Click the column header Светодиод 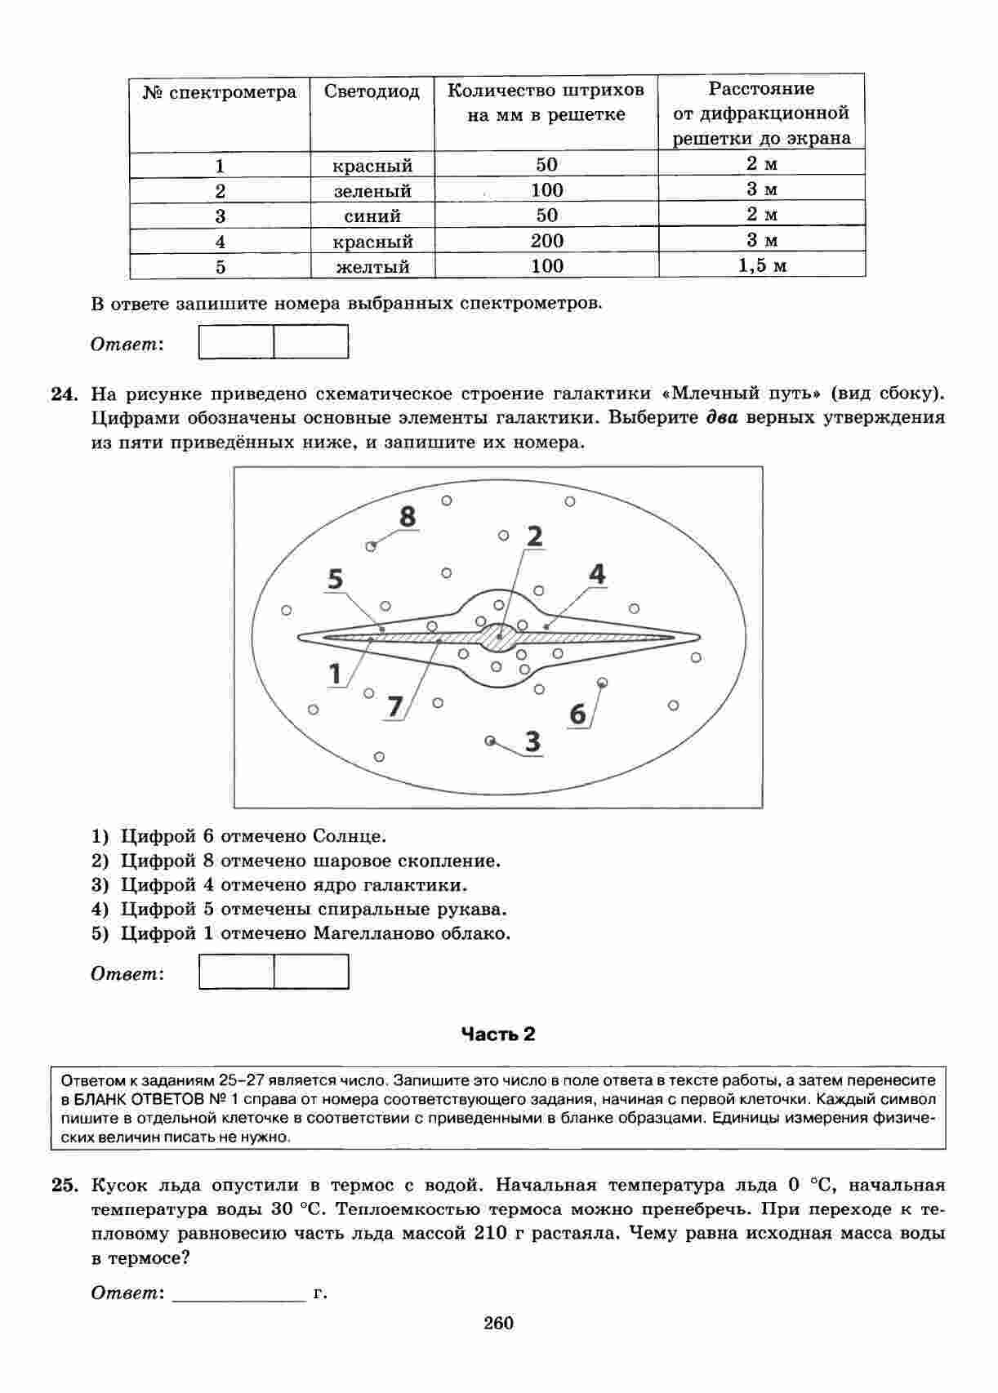[372, 91]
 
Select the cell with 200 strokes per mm [546, 241]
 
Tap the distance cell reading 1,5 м [761, 265]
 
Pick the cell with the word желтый [372, 267]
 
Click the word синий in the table [372, 216]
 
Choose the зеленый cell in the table [372, 191]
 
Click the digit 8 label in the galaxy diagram [407, 517]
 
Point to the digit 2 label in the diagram [534, 536]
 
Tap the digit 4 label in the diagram [597, 574]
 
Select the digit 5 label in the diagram [336, 579]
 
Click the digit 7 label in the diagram [395, 705]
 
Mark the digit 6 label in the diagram [577, 714]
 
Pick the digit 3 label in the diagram [532, 741]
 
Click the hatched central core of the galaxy [498, 637]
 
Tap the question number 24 [64, 394]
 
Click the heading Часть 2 [498, 1035]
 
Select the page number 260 [498, 1324]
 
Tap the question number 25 [64, 1186]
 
